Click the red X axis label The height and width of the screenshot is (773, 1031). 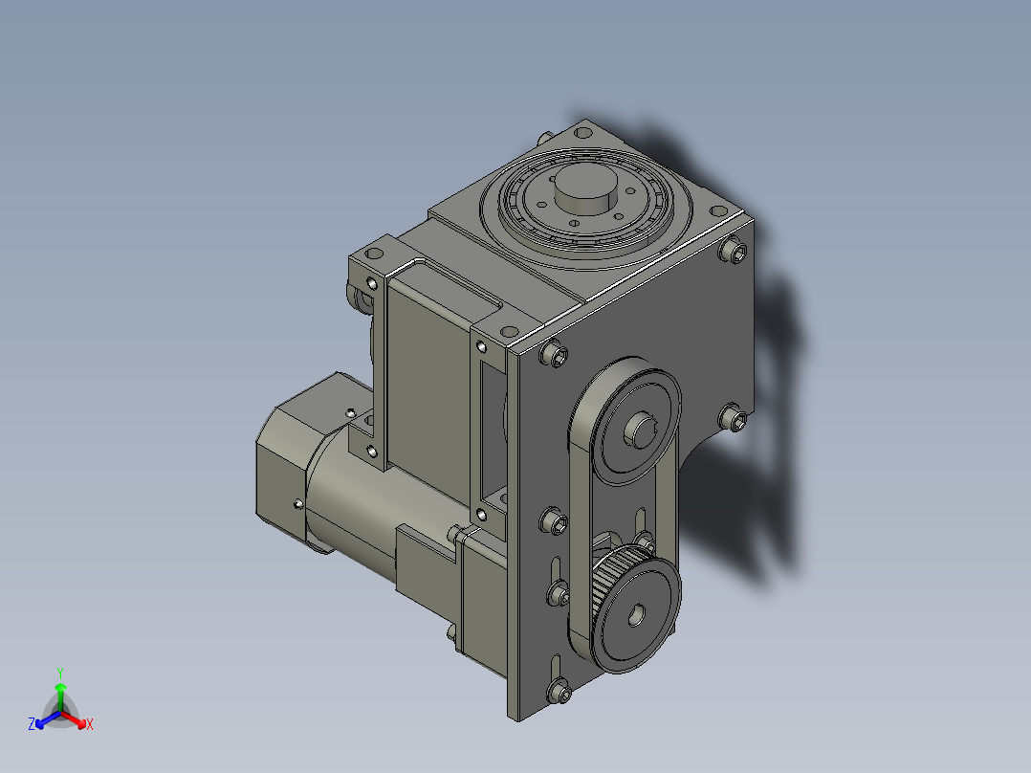(90, 724)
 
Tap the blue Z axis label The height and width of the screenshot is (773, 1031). (32, 723)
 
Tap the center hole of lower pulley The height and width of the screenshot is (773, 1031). (637, 616)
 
